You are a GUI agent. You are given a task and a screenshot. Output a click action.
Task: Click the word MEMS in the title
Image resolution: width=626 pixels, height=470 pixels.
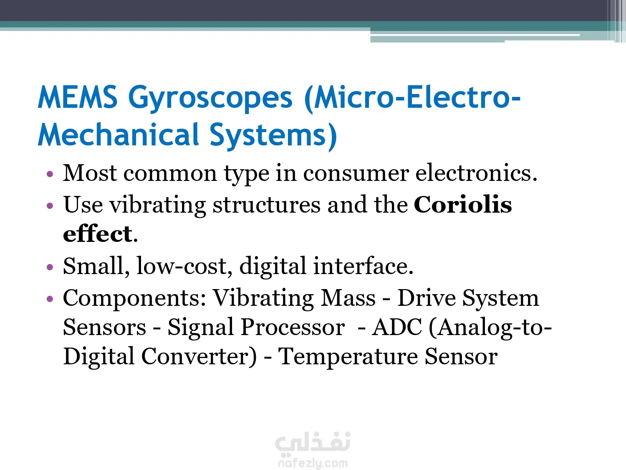click(77, 97)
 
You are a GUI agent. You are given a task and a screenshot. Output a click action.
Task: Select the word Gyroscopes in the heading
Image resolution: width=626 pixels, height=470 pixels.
click(210, 99)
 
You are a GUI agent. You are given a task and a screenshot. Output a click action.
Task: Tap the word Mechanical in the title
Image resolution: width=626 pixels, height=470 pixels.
click(119, 135)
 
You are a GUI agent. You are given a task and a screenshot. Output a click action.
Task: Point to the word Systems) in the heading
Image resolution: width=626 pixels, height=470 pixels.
click(273, 137)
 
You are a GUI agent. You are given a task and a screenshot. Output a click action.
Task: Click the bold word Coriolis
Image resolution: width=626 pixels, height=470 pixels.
click(462, 204)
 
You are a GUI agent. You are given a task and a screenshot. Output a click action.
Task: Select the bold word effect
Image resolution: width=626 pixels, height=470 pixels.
click(98, 234)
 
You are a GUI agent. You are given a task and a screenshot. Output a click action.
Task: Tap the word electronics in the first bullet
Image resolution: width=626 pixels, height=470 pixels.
click(476, 173)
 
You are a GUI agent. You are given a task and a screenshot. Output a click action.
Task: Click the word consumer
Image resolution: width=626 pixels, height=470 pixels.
click(356, 174)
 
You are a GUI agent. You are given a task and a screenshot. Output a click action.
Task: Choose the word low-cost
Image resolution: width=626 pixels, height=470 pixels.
click(184, 266)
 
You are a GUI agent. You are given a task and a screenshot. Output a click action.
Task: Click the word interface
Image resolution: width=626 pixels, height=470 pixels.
click(363, 266)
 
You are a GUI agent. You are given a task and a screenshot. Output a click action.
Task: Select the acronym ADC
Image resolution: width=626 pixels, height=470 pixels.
click(397, 327)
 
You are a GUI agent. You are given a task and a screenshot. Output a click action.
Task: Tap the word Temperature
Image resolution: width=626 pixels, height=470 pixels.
click(348, 357)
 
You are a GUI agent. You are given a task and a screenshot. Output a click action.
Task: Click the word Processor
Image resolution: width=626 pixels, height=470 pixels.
click(293, 327)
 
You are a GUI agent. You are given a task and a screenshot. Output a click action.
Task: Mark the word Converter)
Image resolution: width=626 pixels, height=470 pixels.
click(199, 356)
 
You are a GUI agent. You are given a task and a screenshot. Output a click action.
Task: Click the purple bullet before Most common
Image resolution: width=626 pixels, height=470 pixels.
click(50, 174)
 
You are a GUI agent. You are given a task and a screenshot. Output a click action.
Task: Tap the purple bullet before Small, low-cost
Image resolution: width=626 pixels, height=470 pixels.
click(50, 267)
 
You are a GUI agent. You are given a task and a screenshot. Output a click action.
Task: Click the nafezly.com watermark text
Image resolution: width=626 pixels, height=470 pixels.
click(313, 463)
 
